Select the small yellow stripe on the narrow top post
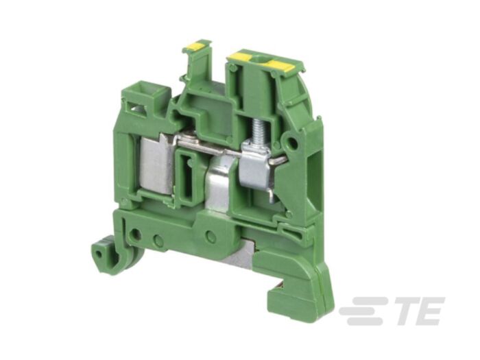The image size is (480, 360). [196, 47]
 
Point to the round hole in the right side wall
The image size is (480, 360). [293, 145]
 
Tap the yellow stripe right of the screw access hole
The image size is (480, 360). [280, 65]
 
